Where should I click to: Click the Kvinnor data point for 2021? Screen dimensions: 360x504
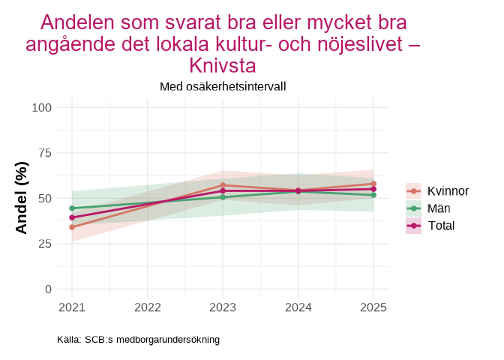click(72, 226)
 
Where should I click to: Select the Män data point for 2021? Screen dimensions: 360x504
click(72, 208)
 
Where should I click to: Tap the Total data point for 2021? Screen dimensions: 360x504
click(72, 217)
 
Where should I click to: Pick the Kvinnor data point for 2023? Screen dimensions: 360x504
click(223, 185)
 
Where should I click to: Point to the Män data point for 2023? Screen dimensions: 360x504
click(223, 197)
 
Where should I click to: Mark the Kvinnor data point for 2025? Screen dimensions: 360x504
click(373, 184)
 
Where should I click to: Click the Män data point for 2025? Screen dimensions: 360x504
click(373, 195)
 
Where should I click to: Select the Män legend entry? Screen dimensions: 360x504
click(438, 208)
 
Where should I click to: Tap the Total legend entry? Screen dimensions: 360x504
click(441, 226)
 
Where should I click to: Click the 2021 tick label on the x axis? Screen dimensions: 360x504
click(72, 307)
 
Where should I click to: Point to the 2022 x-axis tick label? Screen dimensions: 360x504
click(147, 307)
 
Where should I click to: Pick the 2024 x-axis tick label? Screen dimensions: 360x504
click(298, 307)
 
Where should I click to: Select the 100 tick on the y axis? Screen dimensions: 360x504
click(41, 107)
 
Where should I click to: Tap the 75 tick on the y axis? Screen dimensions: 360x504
click(44, 153)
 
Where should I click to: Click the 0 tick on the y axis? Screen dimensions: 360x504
click(47, 289)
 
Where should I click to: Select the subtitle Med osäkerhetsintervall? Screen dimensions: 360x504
click(223, 86)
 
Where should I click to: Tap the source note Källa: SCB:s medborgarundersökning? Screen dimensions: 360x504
click(138, 340)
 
